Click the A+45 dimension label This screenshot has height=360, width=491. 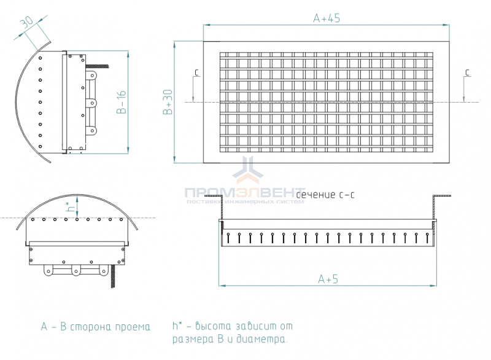click(327, 18)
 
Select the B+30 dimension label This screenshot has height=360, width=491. click(168, 102)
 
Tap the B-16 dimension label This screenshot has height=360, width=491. click(121, 102)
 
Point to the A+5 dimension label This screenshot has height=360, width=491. click(328, 279)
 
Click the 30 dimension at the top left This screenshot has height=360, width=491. click(27, 22)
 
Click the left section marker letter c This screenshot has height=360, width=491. click(196, 72)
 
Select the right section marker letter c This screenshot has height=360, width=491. click(467, 72)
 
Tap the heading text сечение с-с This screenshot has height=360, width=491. click(325, 195)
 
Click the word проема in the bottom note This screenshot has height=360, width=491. click(133, 327)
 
